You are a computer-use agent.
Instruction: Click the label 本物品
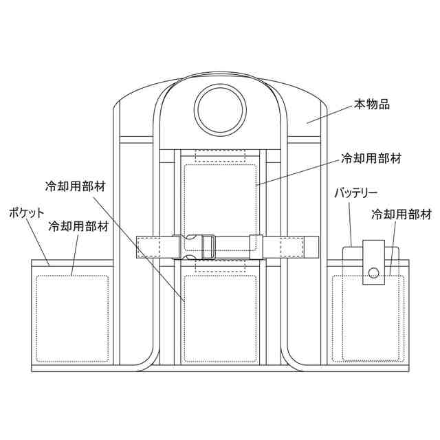pyautogui.click(x=372, y=104)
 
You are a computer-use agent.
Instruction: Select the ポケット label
pyautogui.click(x=27, y=213)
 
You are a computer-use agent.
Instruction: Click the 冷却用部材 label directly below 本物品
pyautogui.click(x=371, y=158)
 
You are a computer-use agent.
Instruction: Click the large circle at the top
pyautogui.click(x=219, y=109)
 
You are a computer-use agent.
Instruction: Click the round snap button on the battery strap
pyautogui.click(x=373, y=272)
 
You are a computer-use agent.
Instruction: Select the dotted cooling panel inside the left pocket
pyautogui.click(x=73, y=318)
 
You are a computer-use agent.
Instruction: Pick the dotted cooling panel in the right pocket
pyautogui.click(x=366, y=318)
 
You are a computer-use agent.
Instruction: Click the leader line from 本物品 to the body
pyautogui.click(x=330, y=114)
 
